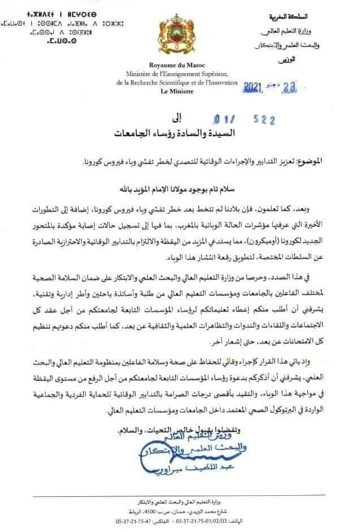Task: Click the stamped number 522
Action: (x=264, y=120)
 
